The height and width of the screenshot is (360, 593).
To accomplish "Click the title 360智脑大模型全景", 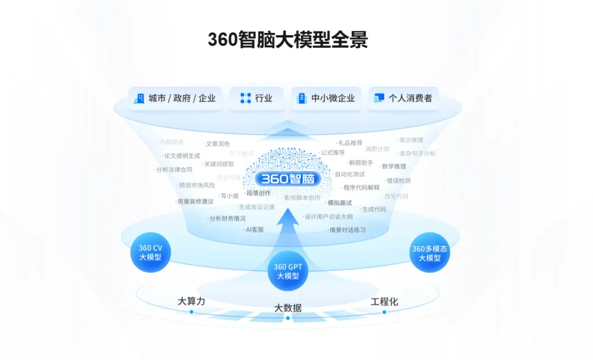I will pyautogui.click(x=287, y=40).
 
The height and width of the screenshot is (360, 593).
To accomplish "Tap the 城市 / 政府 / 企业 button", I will pyautogui.click(x=175, y=99).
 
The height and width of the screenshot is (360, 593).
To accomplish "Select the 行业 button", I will pyautogui.click(x=256, y=99).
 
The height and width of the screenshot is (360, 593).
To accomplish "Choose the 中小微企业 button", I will pyautogui.click(x=326, y=99).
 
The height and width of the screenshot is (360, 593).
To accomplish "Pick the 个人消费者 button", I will pyautogui.click(x=403, y=99).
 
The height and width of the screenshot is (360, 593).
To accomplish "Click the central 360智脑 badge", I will pyautogui.click(x=287, y=179).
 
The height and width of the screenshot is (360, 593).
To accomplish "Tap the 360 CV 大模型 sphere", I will pyautogui.click(x=150, y=252).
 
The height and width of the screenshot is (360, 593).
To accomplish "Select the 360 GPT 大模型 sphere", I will pyautogui.click(x=288, y=271).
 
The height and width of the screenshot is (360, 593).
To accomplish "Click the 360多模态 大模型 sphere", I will pyautogui.click(x=429, y=253).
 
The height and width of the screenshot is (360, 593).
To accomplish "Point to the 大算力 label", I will pyautogui.click(x=191, y=301).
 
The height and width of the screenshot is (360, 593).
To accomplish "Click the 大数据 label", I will pyautogui.click(x=288, y=308).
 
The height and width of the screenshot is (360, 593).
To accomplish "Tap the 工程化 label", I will pyautogui.click(x=384, y=301).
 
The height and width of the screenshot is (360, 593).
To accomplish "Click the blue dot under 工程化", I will pyautogui.click(x=384, y=312).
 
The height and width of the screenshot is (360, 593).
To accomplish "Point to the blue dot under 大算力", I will pyautogui.click(x=191, y=312).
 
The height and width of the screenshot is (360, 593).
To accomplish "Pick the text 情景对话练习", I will pyautogui.click(x=347, y=230).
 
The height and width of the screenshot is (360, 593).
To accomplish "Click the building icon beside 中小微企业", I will pyautogui.click(x=301, y=99).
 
